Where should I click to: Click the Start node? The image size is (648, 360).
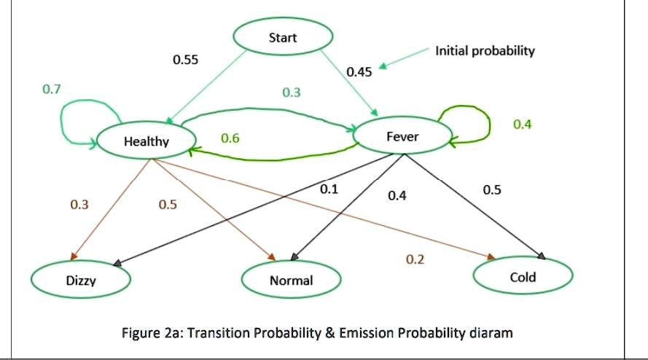(283, 38)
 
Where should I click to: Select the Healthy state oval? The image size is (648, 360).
(147, 141)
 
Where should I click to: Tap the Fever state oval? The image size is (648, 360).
(402, 136)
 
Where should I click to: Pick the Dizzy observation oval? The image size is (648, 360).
(81, 280)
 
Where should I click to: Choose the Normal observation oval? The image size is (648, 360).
(292, 280)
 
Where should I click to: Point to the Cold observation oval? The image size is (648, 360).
(523, 277)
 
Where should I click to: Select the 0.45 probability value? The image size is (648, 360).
(359, 71)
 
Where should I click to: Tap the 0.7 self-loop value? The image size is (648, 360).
(52, 89)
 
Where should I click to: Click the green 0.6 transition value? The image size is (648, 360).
(230, 138)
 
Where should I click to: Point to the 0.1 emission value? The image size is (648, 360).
(329, 189)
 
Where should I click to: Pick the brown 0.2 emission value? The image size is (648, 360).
(415, 259)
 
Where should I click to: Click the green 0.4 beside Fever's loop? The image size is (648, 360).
(523, 124)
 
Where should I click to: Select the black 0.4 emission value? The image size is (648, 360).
(397, 195)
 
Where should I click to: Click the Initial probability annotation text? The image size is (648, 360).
(485, 51)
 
